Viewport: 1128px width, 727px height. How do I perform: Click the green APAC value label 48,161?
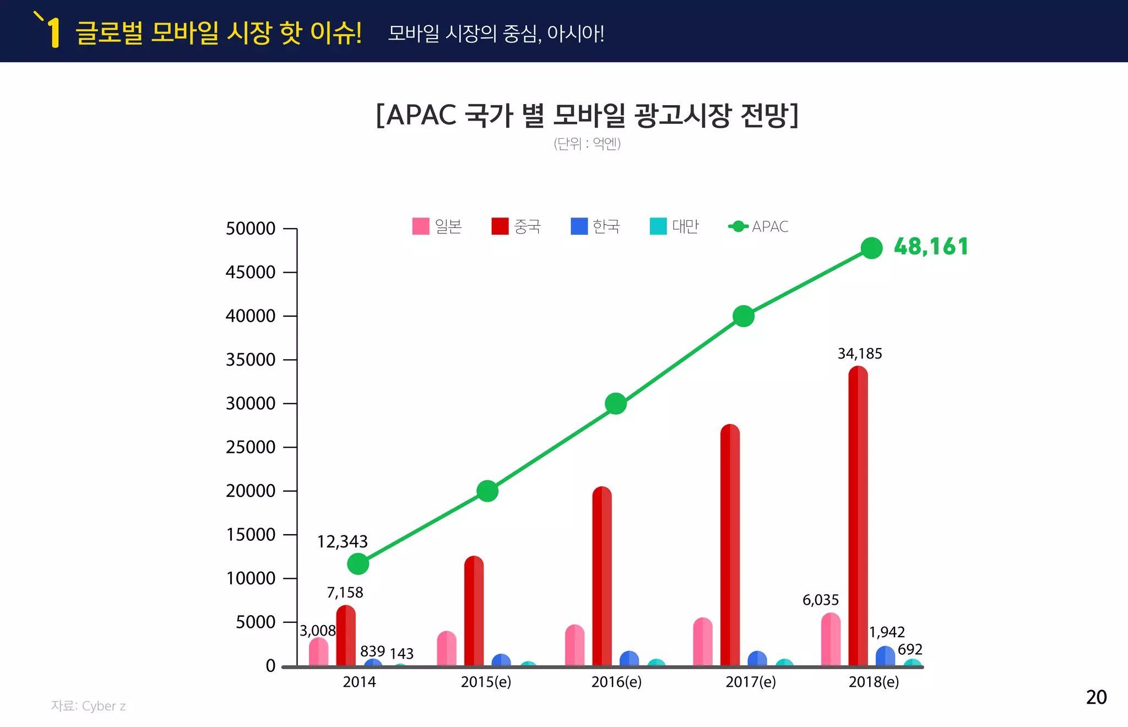coord(930,247)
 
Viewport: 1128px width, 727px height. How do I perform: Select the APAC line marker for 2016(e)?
coord(615,404)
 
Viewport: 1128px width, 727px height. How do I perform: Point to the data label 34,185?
coord(859,354)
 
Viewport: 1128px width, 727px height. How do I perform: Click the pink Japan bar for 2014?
coord(318,653)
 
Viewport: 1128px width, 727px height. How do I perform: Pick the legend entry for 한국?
coord(595,226)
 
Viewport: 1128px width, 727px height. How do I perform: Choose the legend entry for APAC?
coord(758,226)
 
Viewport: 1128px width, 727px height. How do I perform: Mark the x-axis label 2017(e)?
coord(750,682)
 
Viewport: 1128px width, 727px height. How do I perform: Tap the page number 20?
coord(1096,697)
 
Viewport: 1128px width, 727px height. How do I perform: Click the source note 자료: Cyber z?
coord(88,706)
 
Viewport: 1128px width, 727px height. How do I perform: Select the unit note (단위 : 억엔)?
coord(587,144)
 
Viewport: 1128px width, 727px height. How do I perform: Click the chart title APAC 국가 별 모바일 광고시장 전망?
coord(587,115)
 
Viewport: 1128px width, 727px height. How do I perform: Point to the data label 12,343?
coord(342,542)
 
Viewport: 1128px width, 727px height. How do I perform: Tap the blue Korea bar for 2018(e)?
coord(885,657)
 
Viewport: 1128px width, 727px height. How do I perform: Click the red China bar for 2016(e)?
coord(601,577)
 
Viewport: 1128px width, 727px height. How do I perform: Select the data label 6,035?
coord(820,600)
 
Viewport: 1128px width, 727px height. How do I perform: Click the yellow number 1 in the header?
coord(53,33)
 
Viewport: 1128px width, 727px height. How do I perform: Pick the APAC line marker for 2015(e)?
coord(487,491)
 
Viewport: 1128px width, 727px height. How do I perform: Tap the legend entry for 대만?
coord(674,226)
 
